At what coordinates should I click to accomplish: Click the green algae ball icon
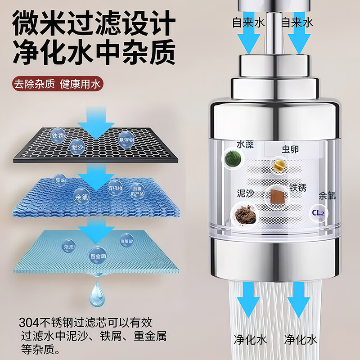233,158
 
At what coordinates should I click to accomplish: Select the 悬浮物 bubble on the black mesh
126,138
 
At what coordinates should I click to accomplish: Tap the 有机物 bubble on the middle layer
115,187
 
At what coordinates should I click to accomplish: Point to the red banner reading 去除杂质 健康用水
58,84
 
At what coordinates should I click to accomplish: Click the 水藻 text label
246,144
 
